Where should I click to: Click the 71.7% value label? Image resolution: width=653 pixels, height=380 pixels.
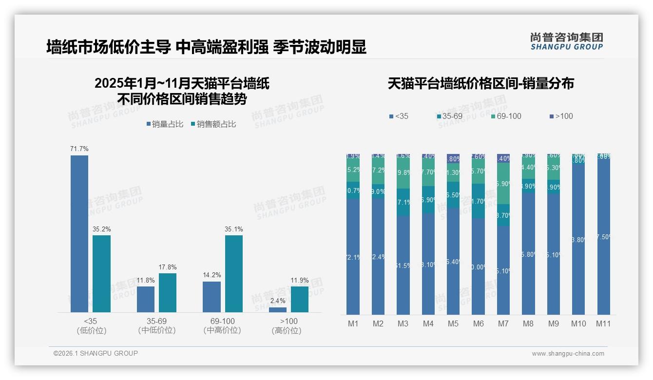pos(79,149)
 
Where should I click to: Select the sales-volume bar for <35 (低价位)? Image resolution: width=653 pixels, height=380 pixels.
pos(79,234)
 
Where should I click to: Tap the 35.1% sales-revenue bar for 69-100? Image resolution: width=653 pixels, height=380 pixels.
pos(234,274)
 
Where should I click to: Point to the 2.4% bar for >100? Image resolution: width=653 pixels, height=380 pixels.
pos(278,310)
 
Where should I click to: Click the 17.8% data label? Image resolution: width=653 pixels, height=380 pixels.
pos(168,267)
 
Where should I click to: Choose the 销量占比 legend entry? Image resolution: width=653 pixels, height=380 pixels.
pos(165,124)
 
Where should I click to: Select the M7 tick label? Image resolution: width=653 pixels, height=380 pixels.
pos(503,323)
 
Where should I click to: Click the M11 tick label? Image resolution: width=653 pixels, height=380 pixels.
pos(604,323)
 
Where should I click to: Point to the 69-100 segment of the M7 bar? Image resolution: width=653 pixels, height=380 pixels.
pos(503,183)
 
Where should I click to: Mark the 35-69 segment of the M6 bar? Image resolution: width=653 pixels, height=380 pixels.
pos(478,201)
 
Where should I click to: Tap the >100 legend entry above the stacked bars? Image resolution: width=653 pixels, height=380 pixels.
pos(561,116)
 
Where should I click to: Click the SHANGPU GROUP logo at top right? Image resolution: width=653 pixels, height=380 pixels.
pos(566,41)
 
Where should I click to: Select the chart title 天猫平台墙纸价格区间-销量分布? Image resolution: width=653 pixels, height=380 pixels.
pos(480,83)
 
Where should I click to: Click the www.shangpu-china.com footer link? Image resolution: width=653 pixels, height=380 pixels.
pos(568,354)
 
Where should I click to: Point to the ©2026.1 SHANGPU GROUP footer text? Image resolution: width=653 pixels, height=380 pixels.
pos(96,353)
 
